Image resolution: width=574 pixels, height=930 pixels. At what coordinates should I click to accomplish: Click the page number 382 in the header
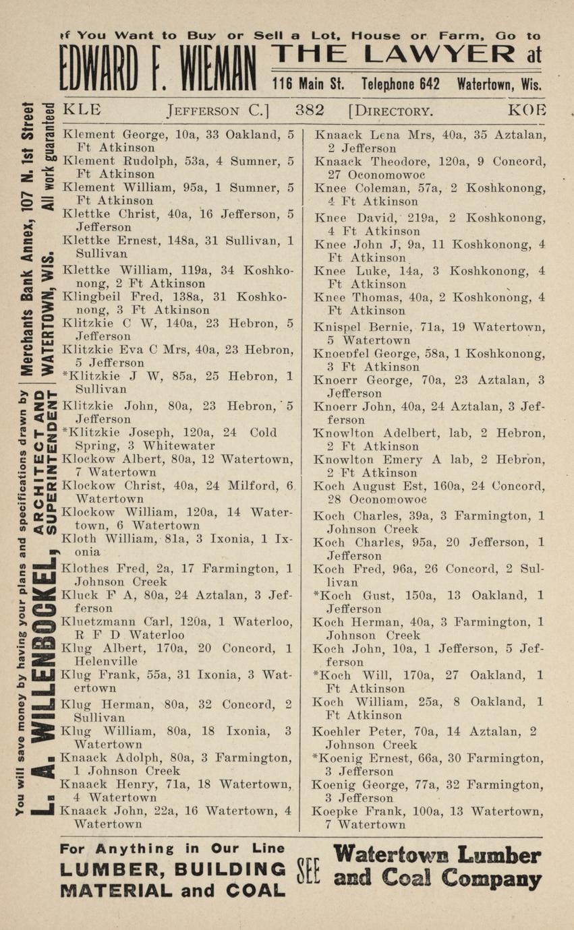(310, 111)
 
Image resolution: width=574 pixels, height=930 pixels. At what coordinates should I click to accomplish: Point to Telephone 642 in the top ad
(401, 85)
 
